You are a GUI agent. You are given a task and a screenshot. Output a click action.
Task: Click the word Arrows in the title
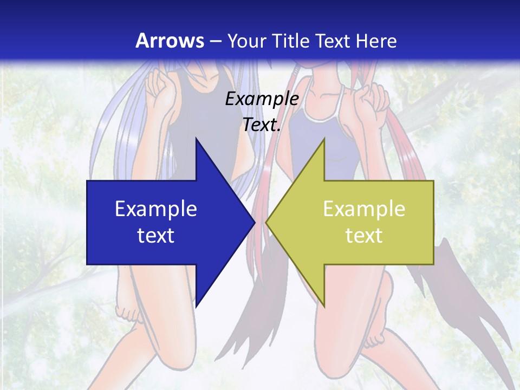pos(170,41)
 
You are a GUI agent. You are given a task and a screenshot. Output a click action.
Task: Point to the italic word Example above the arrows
pos(262,99)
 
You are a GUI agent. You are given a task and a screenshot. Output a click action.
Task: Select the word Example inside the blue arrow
pos(156,209)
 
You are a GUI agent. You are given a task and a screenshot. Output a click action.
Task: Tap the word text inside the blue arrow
pos(156,235)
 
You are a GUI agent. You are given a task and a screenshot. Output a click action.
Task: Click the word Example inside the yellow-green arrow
pos(364,209)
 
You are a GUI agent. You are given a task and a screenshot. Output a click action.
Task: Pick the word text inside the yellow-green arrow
pos(364,235)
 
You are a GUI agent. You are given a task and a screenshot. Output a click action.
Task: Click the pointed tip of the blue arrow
pos(253,222)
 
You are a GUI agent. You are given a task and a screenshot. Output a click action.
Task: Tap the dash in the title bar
pos(215,41)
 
